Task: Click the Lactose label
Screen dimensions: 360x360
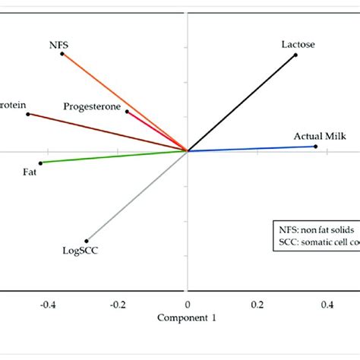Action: pyautogui.click(x=297, y=45)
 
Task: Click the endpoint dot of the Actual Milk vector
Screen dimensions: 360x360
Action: pyautogui.click(x=315, y=146)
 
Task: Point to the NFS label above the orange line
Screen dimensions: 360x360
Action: pyautogui.click(x=58, y=45)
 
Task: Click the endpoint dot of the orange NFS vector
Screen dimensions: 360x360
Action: pyautogui.click(x=62, y=54)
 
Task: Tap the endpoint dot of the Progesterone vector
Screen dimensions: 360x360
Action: pyautogui.click(x=127, y=112)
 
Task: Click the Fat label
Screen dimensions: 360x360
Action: pyautogui.click(x=30, y=172)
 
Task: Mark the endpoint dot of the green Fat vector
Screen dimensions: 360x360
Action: pyautogui.click(x=40, y=163)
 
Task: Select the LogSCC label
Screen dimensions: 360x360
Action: pyautogui.click(x=78, y=249)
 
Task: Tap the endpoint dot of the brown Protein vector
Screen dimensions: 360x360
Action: pyautogui.click(x=28, y=114)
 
